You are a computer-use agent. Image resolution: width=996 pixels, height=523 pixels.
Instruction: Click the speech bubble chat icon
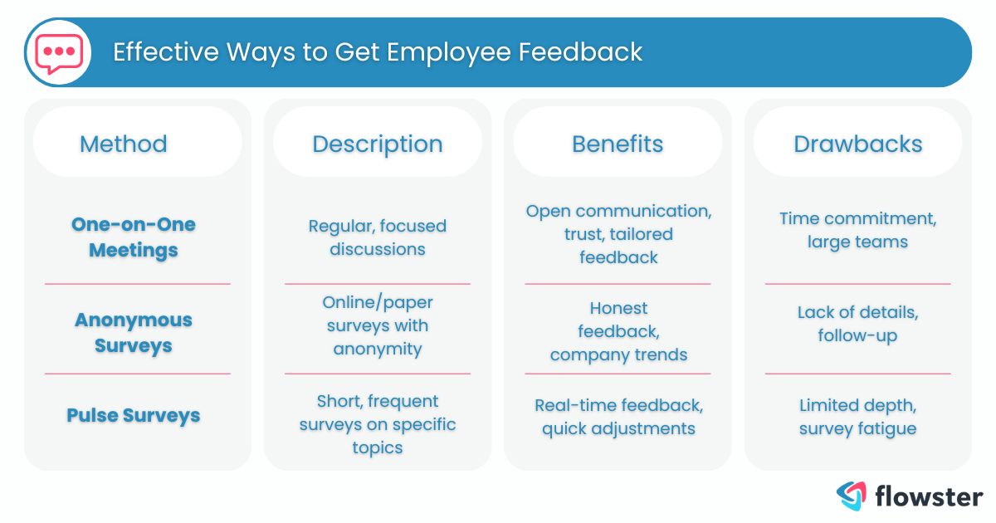click(x=58, y=52)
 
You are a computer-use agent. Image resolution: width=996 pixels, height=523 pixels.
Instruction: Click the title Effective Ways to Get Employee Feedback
click(x=378, y=52)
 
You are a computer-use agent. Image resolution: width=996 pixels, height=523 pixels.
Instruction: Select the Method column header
click(x=124, y=144)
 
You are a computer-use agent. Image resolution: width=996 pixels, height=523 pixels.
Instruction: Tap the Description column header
click(x=378, y=144)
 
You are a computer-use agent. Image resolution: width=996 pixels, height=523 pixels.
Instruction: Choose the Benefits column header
click(x=618, y=144)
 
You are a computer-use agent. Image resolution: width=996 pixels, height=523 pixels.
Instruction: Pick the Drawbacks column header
click(x=858, y=144)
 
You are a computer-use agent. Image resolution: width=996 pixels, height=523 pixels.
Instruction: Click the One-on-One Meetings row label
click(x=134, y=237)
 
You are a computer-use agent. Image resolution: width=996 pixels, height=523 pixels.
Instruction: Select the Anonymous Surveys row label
click(x=134, y=332)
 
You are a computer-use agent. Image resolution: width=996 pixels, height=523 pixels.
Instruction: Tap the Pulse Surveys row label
click(x=134, y=415)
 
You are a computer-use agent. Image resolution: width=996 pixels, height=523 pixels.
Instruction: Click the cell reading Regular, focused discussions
click(x=378, y=237)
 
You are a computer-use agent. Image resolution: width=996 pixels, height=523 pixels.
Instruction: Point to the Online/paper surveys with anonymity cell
click(x=378, y=325)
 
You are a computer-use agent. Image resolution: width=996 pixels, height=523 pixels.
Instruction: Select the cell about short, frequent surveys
click(x=378, y=424)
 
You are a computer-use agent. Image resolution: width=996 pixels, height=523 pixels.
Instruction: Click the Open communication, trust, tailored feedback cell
click(x=618, y=234)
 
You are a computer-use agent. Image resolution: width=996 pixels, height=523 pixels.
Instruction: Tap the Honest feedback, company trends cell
click(x=618, y=331)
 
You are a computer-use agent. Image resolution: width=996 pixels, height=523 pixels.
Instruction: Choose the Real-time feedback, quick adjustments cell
click(x=618, y=417)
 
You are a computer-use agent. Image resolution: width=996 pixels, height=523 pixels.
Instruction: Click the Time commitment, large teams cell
click(x=858, y=230)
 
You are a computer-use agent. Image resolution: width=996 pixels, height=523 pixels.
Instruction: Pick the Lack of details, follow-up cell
click(x=858, y=324)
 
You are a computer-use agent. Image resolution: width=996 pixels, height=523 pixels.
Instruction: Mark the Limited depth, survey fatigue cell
click(x=858, y=417)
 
